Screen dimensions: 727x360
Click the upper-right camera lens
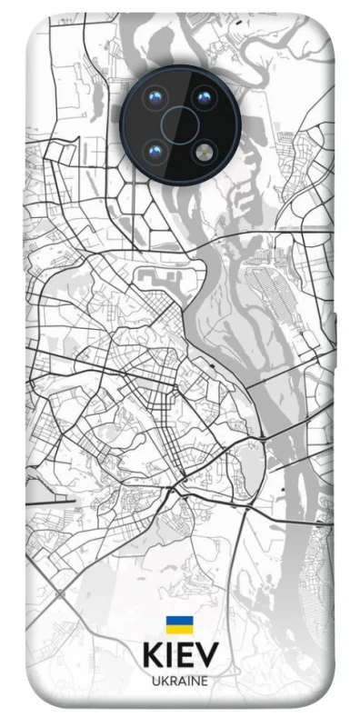click(x=201, y=97)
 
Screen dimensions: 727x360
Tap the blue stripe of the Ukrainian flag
click(x=178, y=620)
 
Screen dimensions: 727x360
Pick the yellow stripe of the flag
click(x=178, y=629)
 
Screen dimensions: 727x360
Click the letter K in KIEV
click(x=152, y=655)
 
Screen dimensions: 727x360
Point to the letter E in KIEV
click(x=185, y=655)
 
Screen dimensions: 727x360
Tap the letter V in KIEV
click(x=207, y=655)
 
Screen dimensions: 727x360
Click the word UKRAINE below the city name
click(x=180, y=681)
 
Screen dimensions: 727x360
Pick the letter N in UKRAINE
click(x=195, y=681)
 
